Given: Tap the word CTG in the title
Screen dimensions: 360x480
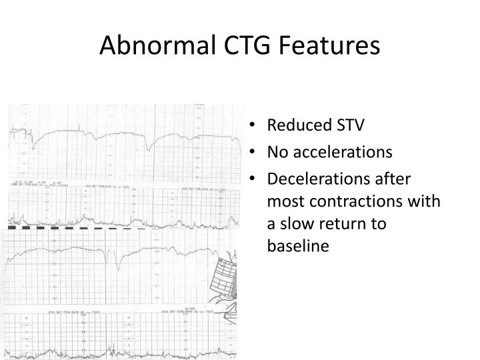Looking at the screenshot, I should coord(247,45).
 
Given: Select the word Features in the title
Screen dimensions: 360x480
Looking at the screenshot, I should coord(331,45).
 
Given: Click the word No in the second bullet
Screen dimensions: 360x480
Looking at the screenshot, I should coord(276,152).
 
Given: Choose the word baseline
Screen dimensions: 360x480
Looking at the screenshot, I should coord(298,246).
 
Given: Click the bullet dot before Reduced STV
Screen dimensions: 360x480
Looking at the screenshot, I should coord(256,126).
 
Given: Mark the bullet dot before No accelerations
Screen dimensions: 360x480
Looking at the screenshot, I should coord(256,153).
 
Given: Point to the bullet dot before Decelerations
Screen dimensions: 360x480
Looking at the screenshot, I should coord(256,179).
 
